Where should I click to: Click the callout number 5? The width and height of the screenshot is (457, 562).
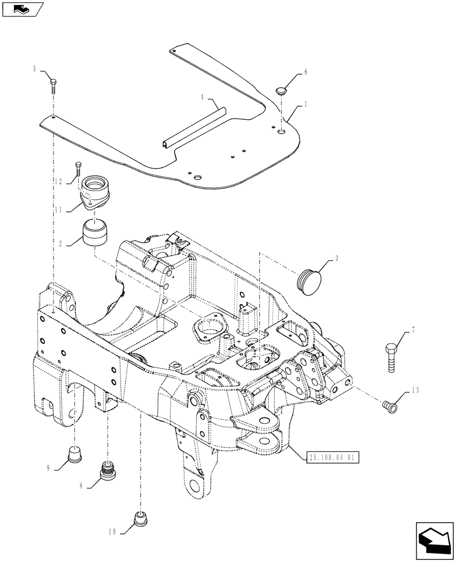34,69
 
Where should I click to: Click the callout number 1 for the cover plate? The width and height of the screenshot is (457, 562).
306,104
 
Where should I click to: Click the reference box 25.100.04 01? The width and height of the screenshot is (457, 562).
333,457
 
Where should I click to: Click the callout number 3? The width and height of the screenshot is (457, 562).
337,258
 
